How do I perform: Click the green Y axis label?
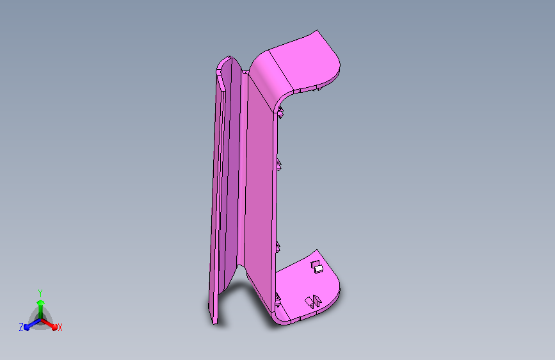[40, 293]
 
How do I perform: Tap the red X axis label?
[60, 328]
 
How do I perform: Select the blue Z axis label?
[21, 327]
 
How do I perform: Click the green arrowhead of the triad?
[41, 302]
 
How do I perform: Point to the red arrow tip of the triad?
[54, 327]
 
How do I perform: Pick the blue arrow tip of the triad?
[27, 327]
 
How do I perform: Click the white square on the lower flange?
[319, 269]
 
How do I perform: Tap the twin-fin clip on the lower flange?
[313, 301]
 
